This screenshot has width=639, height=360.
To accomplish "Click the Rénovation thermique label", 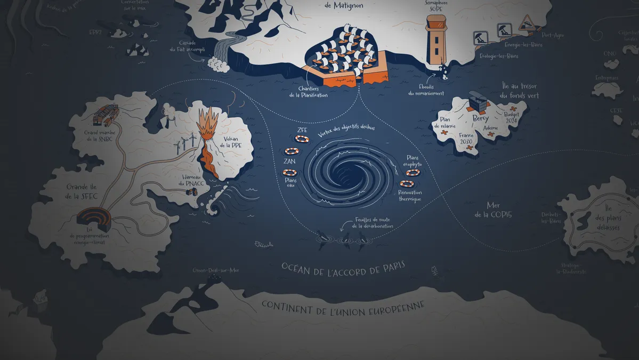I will point(410,196).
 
